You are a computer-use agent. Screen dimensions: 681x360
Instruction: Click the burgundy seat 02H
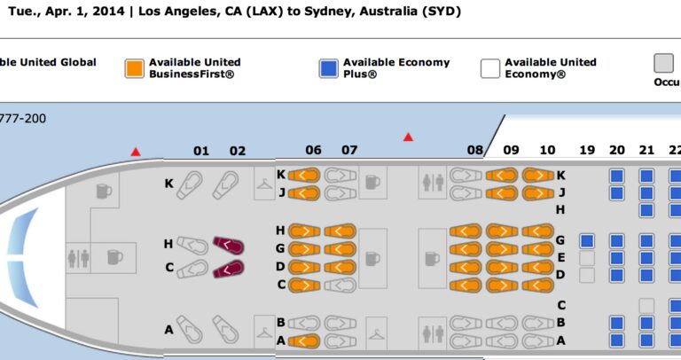pyautogui.click(x=229, y=246)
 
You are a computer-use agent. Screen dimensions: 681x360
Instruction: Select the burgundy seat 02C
pyautogui.click(x=229, y=269)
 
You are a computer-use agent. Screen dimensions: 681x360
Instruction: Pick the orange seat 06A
pyautogui.click(x=304, y=340)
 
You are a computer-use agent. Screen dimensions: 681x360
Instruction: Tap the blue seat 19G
pyautogui.click(x=587, y=241)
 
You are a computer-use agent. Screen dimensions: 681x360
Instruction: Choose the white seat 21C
pyautogui.click(x=646, y=306)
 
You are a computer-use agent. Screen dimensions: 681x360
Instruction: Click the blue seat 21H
pyautogui.click(x=646, y=211)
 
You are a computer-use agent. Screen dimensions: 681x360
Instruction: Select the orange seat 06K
pyautogui.click(x=304, y=176)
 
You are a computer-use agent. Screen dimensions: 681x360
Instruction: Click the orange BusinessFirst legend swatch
pyautogui.click(x=134, y=68)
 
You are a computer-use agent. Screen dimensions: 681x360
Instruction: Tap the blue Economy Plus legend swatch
pyautogui.click(x=328, y=68)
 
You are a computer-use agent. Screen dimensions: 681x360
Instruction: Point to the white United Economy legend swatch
pyautogui.click(x=489, y=68)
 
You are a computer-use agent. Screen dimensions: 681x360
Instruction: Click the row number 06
pyautogui.click(x=313, y=150)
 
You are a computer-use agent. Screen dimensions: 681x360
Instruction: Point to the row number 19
pyautogui.click(x=587, y=150)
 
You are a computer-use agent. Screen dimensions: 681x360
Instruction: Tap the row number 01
pyautogui.click(x=201, y=151)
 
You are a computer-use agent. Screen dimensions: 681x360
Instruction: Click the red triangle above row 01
pyautogui.click(x=136, y=152)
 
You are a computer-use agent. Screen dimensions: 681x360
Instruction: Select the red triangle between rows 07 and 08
pyautogui.click(x=408, y=137)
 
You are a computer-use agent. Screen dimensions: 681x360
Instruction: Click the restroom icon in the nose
pyautogui.click(x=79, y=258)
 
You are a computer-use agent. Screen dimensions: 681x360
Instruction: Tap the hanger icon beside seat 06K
pyautogui.click(x=264, y=184)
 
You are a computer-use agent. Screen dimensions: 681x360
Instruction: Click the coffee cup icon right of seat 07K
pyautogui.click(x=372, y=183)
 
